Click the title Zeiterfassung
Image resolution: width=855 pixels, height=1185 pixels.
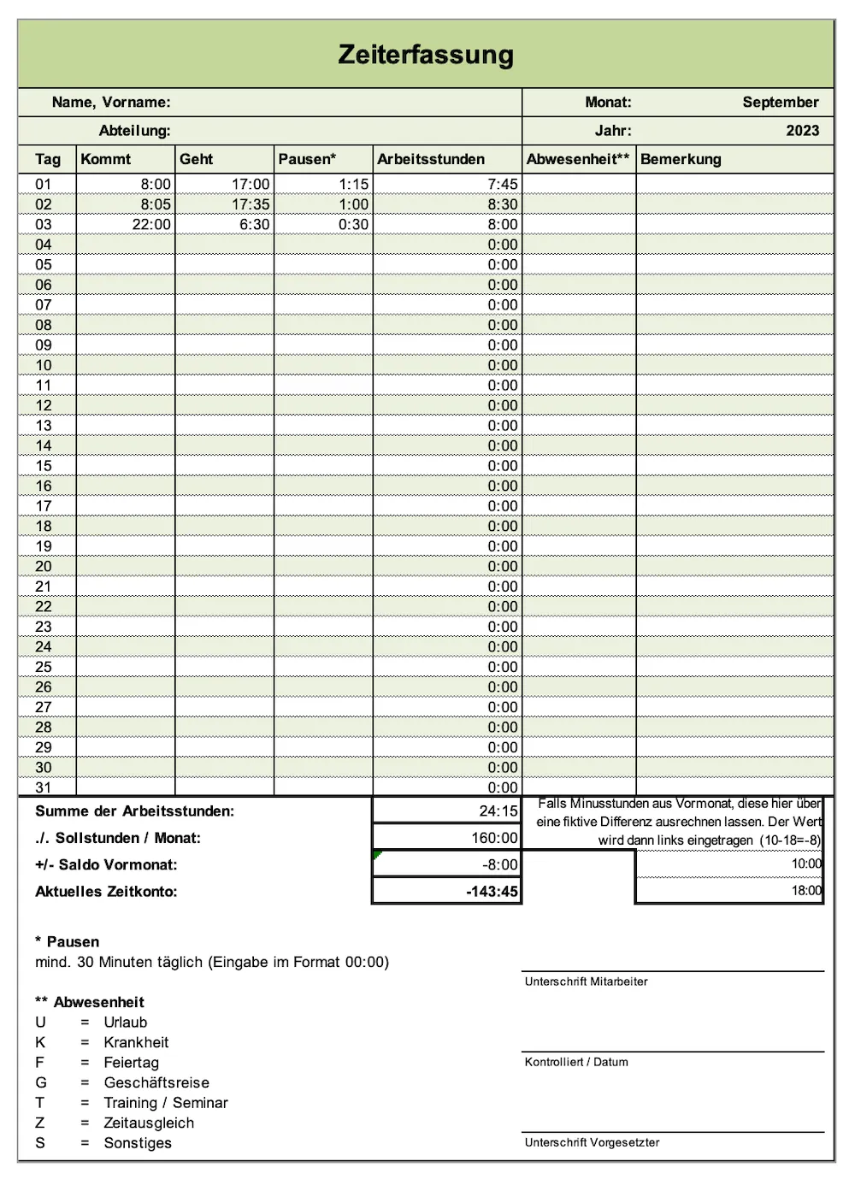[x=426, y=55]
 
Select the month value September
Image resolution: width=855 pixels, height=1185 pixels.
[x=780, y=102]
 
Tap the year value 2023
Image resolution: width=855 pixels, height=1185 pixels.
[x=802, y=131]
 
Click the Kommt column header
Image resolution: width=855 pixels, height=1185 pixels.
[x=106, y=159]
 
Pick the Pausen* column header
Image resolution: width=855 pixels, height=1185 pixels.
[x=307, y=159]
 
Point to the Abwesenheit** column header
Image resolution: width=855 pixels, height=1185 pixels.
[x=578, y=159]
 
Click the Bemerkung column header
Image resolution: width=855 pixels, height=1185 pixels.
[x=681, y=159]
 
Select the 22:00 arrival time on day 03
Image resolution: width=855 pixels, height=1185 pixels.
[x=151, y=224]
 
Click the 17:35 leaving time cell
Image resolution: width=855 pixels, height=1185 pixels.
[x=251, y=204]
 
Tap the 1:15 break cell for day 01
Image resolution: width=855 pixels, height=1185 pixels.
[x=353, y=184]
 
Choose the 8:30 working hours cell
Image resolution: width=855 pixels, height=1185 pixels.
[x=503, y=204]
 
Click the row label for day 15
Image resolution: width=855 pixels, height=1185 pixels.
[x=44, y=466]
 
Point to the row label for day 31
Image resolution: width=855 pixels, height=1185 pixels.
[x=44, y=787]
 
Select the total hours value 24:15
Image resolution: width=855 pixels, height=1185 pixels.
[x=498, y=811]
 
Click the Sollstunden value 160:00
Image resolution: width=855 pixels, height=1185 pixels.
[x=494, y=838]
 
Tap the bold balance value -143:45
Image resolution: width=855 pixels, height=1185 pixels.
[x=492, y=891]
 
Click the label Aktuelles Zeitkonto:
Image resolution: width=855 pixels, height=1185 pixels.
[x=106, y=891]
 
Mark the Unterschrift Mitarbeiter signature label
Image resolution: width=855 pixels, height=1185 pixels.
[x=586, y=982]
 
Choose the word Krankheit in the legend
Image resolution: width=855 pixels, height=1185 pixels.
[x=136, y=1042]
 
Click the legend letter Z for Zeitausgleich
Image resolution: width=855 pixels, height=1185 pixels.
[x=39, y=1123]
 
